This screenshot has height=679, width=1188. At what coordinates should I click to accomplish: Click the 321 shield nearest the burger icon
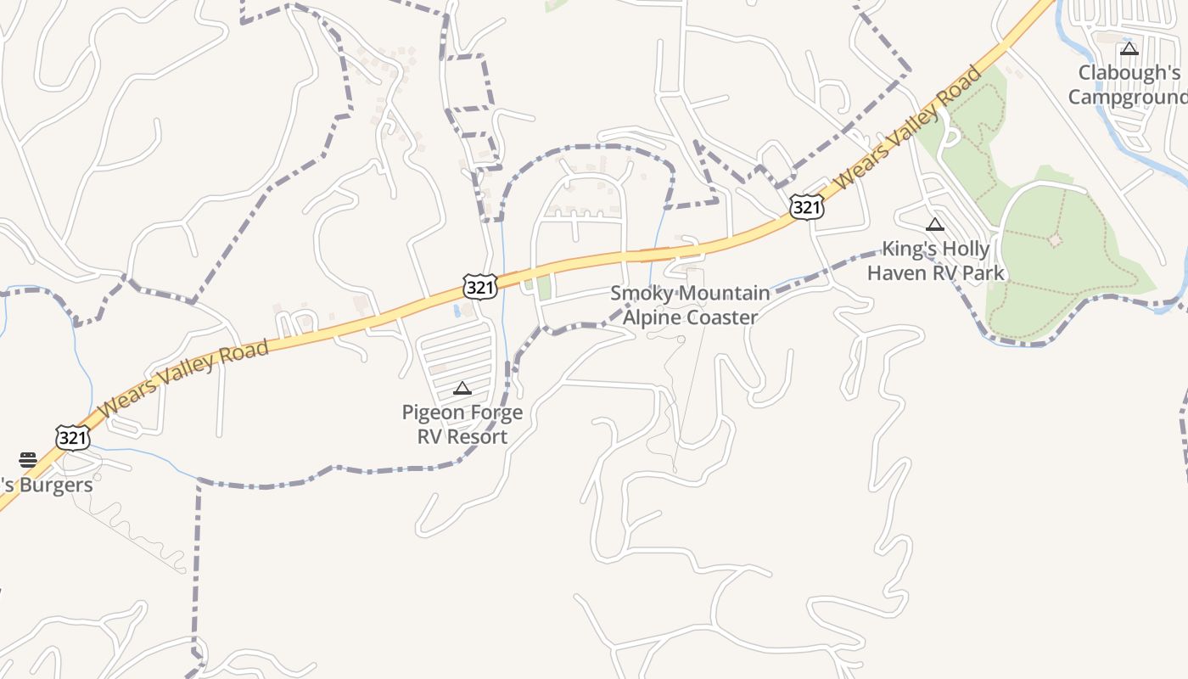click(73, 437)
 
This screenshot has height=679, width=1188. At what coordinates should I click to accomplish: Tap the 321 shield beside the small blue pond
click(479, 287)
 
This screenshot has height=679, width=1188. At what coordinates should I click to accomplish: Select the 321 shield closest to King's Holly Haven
click(805, 206)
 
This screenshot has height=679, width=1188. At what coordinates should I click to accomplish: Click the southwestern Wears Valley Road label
click(183, 378)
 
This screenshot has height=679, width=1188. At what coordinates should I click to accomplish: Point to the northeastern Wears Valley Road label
click(908, 127)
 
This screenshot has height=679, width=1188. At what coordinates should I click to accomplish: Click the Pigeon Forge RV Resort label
click(462, 424)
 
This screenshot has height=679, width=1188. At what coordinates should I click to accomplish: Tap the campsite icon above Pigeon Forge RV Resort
click(462, 389)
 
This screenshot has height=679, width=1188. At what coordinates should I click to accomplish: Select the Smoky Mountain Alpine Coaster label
click(690, 306)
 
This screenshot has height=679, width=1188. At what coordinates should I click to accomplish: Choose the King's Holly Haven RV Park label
click(935, 261)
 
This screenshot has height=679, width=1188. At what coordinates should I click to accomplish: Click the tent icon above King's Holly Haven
click(935, 225)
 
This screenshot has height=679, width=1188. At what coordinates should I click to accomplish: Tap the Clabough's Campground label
click(1128, 85)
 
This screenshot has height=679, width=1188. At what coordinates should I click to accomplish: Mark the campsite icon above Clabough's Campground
click(1129, 49)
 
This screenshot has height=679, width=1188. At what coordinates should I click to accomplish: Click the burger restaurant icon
click(28, 460)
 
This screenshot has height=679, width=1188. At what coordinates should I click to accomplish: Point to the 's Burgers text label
click(47, 485)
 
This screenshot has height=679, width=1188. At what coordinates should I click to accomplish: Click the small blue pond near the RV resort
click(458, 311)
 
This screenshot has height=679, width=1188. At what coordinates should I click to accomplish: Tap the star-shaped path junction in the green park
click(1055, 240)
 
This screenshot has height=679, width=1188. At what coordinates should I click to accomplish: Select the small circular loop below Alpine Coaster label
click(681, 339)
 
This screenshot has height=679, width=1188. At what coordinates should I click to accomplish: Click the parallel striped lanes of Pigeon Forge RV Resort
click(458, 356)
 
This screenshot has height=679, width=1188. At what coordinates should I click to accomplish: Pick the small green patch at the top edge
click(557, 4)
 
